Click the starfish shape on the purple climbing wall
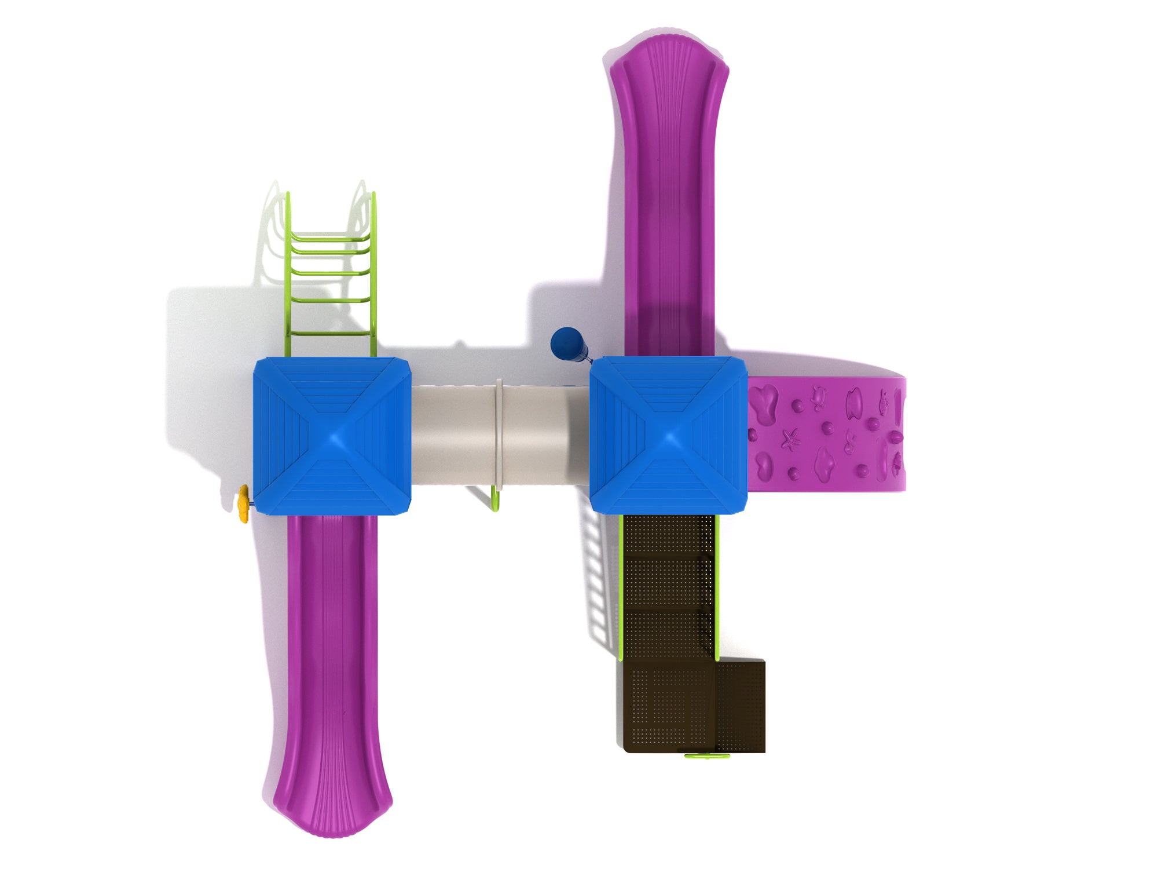coord(790,440)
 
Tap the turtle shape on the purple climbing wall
coord(818,399)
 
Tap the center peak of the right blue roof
coord(669,436)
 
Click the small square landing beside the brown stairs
coord(741,707)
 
